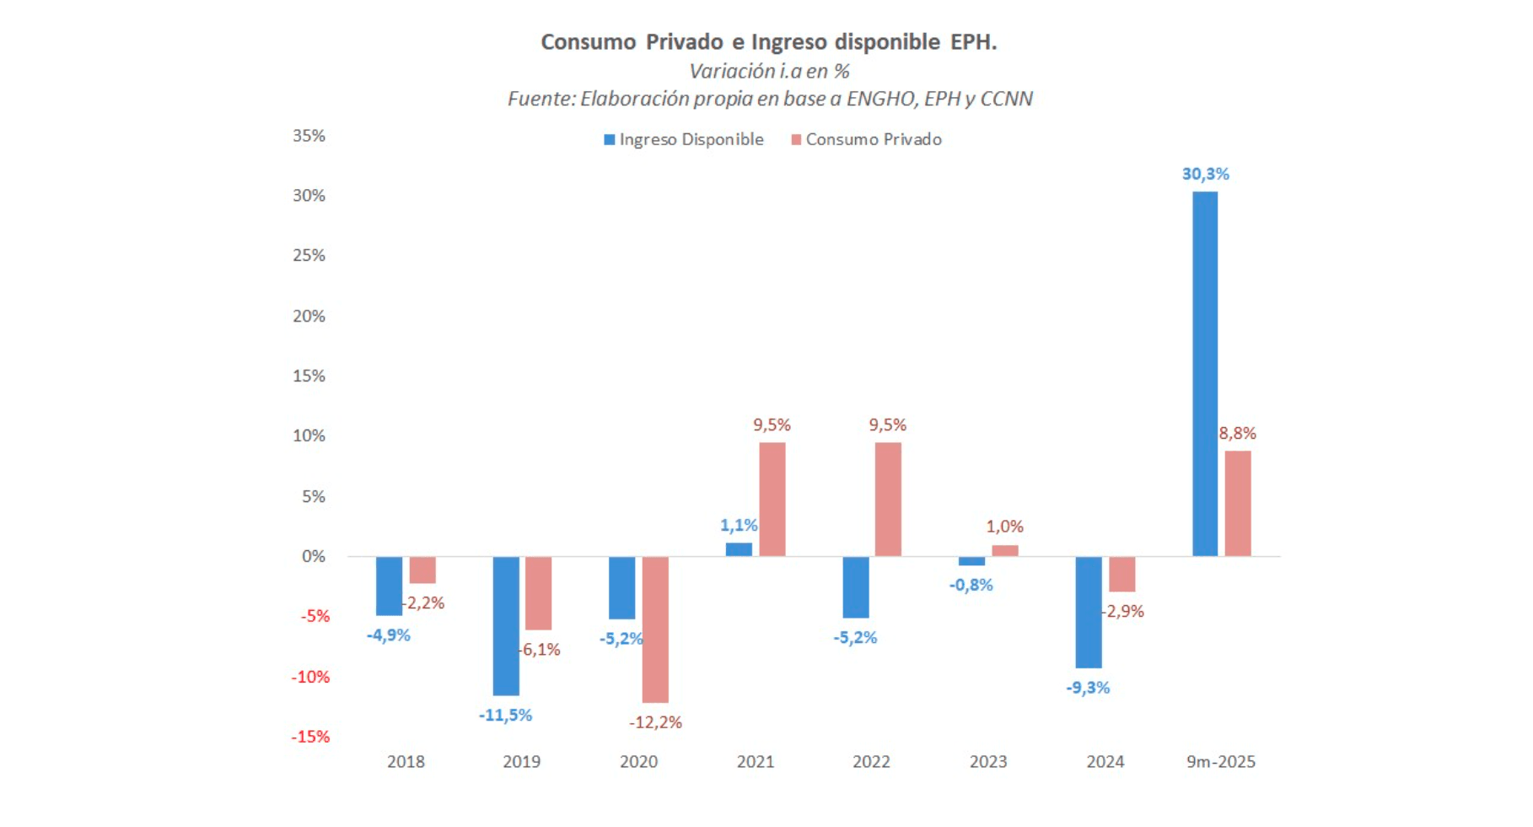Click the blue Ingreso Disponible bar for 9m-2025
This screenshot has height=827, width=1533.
1205,374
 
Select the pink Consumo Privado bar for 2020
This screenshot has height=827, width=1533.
655,629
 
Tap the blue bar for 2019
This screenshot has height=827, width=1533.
506,625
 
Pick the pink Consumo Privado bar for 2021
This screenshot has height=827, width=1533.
772,499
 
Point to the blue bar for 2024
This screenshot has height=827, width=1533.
1089,612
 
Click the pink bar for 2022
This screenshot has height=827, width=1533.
888,499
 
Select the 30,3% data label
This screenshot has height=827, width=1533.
1205,174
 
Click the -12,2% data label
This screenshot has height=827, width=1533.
655,722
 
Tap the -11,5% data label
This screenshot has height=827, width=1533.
506,716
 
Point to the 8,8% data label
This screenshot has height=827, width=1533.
1237,433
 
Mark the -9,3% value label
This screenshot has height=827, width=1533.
1088,688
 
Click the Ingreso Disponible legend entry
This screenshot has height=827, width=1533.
684,139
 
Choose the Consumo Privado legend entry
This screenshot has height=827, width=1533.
866,139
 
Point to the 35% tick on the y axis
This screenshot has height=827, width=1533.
309,136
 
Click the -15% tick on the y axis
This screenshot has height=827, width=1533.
310,737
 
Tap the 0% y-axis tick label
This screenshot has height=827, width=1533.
313,556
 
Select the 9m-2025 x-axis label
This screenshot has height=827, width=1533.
1220,762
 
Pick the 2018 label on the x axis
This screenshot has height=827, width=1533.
406,762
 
